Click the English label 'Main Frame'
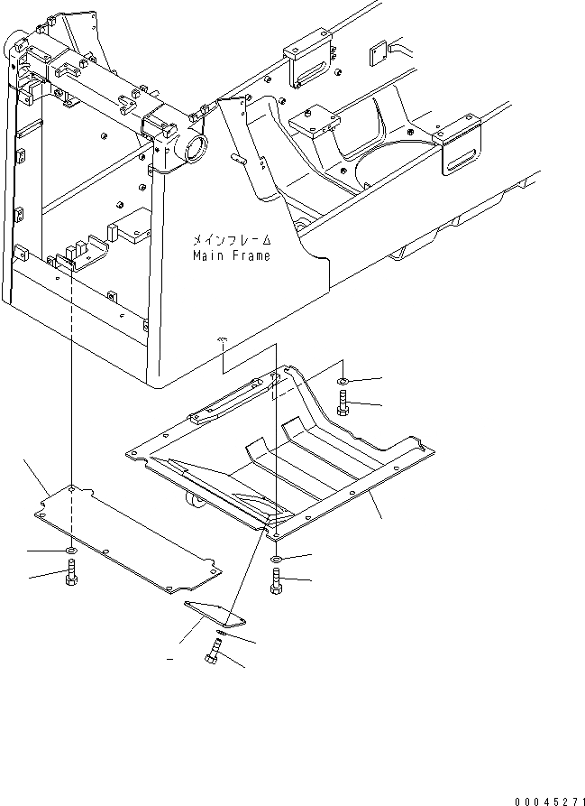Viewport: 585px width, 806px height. click(231, 256)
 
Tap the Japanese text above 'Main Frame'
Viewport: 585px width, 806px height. click(231, 241)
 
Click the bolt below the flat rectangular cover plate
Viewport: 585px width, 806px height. click(70, 573)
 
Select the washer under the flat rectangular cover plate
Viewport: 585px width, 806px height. click(70, 550)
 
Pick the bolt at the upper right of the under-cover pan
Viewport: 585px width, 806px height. click(346, 402)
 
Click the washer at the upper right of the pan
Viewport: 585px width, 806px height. click(346, 378)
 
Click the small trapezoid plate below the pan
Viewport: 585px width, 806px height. click(215, 613)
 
